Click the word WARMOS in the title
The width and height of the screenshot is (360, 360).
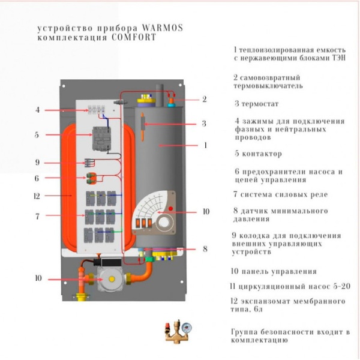(x=162, y=28)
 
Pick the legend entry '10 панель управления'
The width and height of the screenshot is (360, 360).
(x=274, y=272)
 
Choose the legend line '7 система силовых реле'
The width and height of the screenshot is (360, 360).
(x=281, y=194)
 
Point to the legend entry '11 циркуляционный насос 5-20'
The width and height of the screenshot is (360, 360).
(x=290, y=286)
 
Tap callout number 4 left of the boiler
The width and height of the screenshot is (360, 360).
(x=37, y=110)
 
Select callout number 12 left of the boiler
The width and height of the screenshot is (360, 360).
(x=37, y=196)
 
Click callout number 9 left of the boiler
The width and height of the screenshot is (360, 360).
(x=37, y=163)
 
